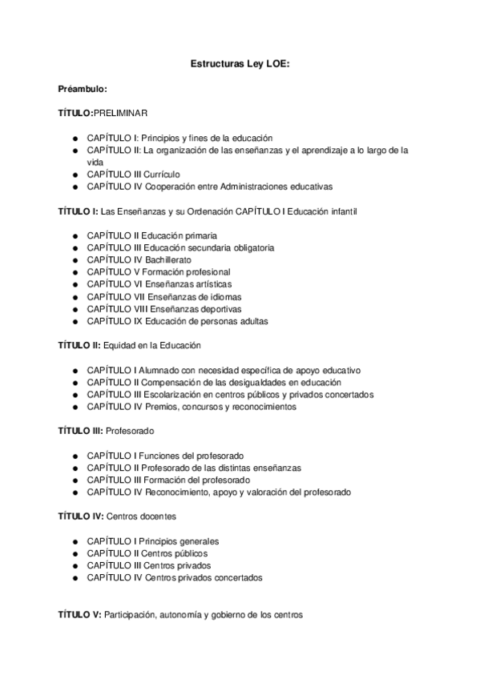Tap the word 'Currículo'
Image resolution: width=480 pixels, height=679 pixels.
pos(163,174)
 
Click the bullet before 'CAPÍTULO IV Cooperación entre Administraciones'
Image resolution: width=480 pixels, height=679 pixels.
pos(74,187)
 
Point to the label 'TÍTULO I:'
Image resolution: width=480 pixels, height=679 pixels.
pos(78,211)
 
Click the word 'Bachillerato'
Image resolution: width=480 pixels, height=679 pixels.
pos(171,260)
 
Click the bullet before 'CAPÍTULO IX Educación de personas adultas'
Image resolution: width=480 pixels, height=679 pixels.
pos(74,321)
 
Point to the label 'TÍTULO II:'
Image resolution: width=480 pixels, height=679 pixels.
pos(79,345)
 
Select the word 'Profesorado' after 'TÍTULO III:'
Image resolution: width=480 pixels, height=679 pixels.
pos(130,431)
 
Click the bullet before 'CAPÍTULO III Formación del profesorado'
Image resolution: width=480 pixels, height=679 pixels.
pos(74,480)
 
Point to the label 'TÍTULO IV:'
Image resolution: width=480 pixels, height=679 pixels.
pos(80,516)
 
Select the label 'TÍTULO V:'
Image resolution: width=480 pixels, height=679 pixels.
pos(79,614)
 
